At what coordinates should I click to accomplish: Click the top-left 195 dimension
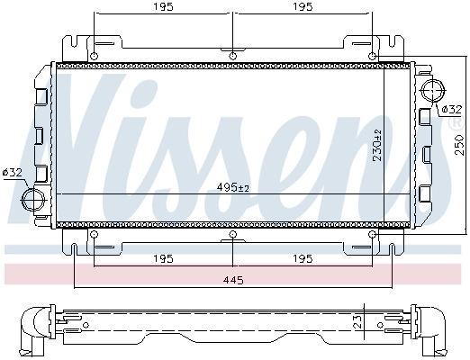coord(163,7)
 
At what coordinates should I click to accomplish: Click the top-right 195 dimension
coord(303,7)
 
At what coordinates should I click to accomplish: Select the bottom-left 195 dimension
coord(163,259)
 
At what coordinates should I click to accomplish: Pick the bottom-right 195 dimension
coord(303,259)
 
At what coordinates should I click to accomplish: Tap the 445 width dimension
coord(232,279)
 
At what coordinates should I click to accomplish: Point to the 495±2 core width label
coord(232,187)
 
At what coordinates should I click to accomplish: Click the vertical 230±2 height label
coord(379,144)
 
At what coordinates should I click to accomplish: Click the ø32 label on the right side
coord(449,109)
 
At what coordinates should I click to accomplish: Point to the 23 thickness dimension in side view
coord(358,322)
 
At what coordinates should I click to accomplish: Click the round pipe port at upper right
coord(431,90)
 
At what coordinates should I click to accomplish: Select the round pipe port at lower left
coord(34,198)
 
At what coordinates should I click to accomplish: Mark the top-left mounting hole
coord(94,56)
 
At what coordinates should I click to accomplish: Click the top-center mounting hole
coord(233,56)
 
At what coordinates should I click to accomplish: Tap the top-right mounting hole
coord(372,56)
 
